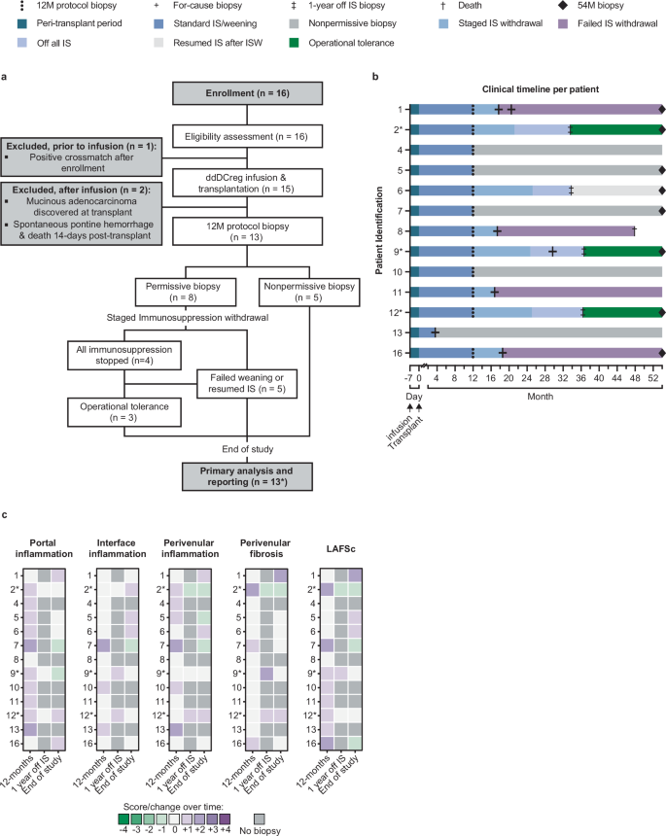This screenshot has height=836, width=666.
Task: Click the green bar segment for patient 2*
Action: point(615,129)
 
